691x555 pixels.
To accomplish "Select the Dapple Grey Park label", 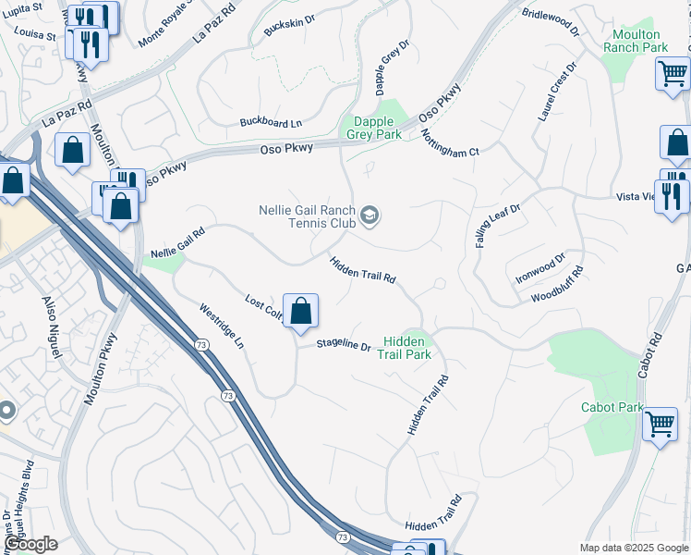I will [374, 128].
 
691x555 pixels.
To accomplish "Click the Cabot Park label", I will [612, 407].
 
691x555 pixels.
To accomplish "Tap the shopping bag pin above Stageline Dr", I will [300, 312].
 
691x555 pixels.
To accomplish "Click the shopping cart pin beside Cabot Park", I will [660, 425].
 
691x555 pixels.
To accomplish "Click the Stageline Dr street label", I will [343, 346].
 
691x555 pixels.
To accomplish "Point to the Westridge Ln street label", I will [223, 325].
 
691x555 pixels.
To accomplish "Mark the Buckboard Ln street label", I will [271, 122].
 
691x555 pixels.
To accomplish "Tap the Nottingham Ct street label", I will [450, 142].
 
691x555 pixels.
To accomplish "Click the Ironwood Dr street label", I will [541, 269].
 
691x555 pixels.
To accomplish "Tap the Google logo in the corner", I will [30, 544].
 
